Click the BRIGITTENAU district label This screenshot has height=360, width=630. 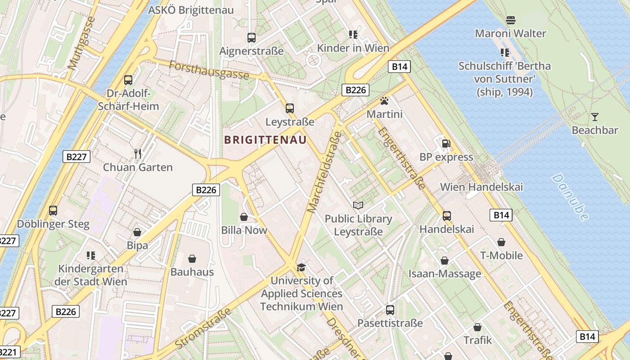(x=265, y=140)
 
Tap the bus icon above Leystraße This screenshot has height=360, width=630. (x=290, y=108)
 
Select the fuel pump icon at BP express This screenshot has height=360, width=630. (x=446, y=144)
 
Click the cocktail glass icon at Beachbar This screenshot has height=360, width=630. (x=595, y=117)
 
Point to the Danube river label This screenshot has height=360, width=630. (x=570, y=197)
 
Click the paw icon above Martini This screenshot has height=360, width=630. (x=384, y=101)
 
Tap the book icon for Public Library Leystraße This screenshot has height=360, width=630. (x=358, y=206)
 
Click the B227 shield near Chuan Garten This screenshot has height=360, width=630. (x=77, y=157)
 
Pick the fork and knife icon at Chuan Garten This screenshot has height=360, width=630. (x=138, y=154)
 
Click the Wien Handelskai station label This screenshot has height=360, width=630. (x=481, y=187)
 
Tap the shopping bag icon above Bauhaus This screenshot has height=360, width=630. (x=192, y=259)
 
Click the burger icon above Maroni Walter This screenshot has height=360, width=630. (x=510, y=20)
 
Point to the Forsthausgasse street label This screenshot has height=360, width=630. (x=209, y=70)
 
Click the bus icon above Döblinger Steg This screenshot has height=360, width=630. (x=53, y=211)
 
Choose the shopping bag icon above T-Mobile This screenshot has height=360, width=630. (x=501, y=243)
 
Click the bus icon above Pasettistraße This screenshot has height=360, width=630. (x=390, y=310)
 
